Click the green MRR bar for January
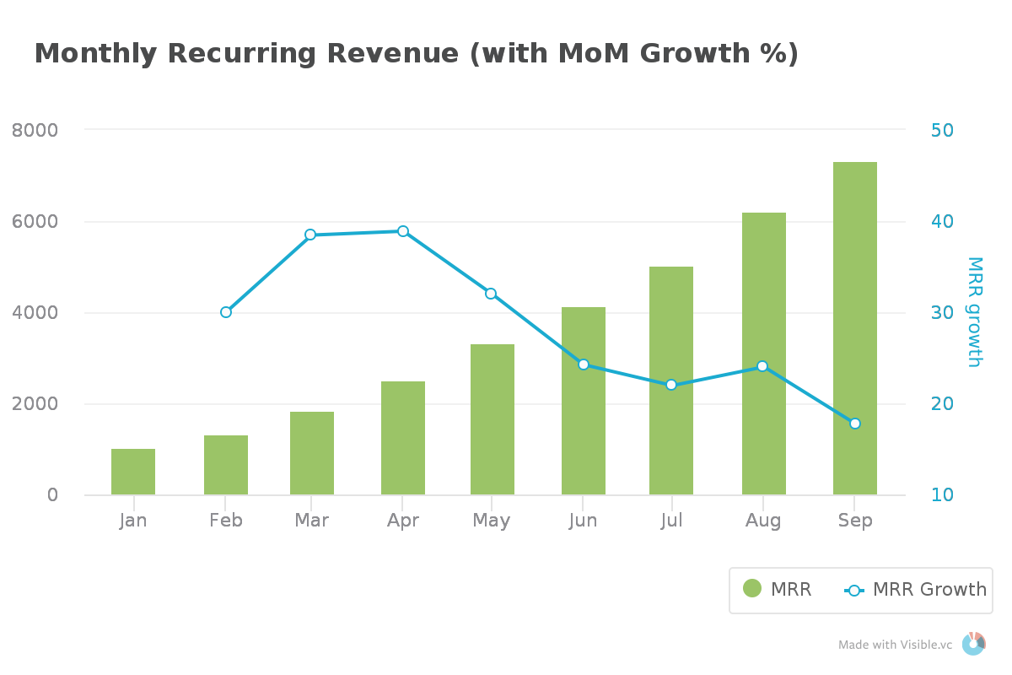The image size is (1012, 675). point(133,472)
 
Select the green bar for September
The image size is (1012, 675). point(855,328)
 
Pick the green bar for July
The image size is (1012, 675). point(671,381)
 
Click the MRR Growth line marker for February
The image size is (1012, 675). point(226,312)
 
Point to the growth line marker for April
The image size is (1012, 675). point(403,231)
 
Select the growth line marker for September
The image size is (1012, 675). point(855,424)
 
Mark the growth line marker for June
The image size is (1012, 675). point(584,364)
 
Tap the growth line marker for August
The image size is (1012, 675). point(762,366)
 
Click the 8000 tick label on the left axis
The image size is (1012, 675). point(35,130)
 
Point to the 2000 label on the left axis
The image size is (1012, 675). point(35,403)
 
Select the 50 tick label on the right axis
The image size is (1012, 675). point(942,130)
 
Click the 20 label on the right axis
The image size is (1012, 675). point(942,403)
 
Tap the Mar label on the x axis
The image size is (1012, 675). point(311,520)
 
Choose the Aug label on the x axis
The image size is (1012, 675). point(763,521)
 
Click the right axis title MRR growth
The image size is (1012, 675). point(975,312)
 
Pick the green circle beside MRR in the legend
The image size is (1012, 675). point(752,589)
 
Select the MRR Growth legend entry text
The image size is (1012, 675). point(929,589)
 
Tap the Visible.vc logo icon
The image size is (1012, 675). point(974,644)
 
